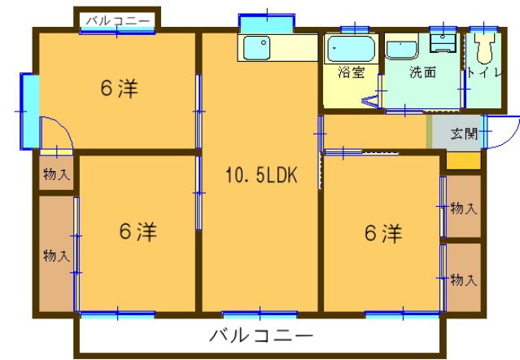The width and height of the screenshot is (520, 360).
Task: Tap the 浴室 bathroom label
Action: tap(351, 72)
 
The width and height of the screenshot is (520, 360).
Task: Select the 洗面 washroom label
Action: tap(422, 72)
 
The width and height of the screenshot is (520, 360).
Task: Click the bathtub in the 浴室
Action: tap(350, 50)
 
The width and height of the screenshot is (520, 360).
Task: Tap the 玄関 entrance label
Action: tap(464, 133)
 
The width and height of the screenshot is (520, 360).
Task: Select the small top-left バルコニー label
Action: tap(119, 19)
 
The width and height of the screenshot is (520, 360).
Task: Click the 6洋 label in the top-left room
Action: tap(120, 89)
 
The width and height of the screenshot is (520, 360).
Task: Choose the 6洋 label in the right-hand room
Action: tap(382, 234)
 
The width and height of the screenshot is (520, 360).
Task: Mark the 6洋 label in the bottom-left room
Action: tap(138, 232)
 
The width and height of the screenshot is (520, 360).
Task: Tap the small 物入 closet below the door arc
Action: tap(56, 173)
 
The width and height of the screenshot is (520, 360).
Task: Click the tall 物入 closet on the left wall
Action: tap(56, 255)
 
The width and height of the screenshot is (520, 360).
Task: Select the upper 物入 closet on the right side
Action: tap(463, 209)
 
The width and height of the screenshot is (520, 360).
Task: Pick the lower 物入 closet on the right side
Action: tap(463, 279)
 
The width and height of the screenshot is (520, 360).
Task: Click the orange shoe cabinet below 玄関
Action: tap(463, 160)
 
